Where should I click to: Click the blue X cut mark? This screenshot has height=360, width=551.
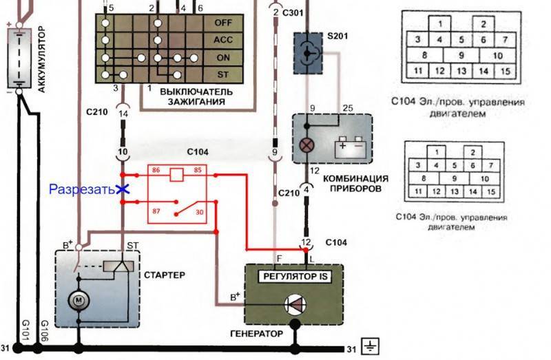[x=123, y=189]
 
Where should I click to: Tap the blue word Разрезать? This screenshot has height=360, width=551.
[x=82, y=189]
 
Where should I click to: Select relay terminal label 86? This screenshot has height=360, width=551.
[x=156, y=170]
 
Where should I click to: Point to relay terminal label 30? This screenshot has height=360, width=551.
[x=200, y=212]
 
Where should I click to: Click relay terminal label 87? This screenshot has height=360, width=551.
[x=156, y=211]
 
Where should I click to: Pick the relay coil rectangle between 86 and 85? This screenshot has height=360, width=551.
[x=176, y=175]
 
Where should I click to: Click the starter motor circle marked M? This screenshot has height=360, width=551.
[x=79, y=300]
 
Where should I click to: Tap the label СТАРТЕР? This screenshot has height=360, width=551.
[x=165, y=275]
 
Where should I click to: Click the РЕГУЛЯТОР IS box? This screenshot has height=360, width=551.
[x=295, y=277]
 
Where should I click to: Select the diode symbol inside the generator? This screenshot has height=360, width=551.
[x=295, y=304]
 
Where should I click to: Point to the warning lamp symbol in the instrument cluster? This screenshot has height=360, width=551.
[x=306, y=145]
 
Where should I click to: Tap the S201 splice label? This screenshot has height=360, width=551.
[x=337, y=36]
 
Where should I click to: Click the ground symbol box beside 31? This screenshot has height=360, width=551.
[x=371, y=346]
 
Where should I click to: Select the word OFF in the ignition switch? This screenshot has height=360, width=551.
[x=222, y=23]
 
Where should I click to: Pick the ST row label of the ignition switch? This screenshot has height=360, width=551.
[x=222, y=74]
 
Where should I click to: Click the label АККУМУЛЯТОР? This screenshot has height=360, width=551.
[x=41, y=59]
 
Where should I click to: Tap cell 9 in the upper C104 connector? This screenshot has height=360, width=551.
[x=461, y=55]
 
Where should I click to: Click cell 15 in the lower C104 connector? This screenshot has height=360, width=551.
[x=491, y=192]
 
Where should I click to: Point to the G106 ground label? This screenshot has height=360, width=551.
[x=45, y=330]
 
